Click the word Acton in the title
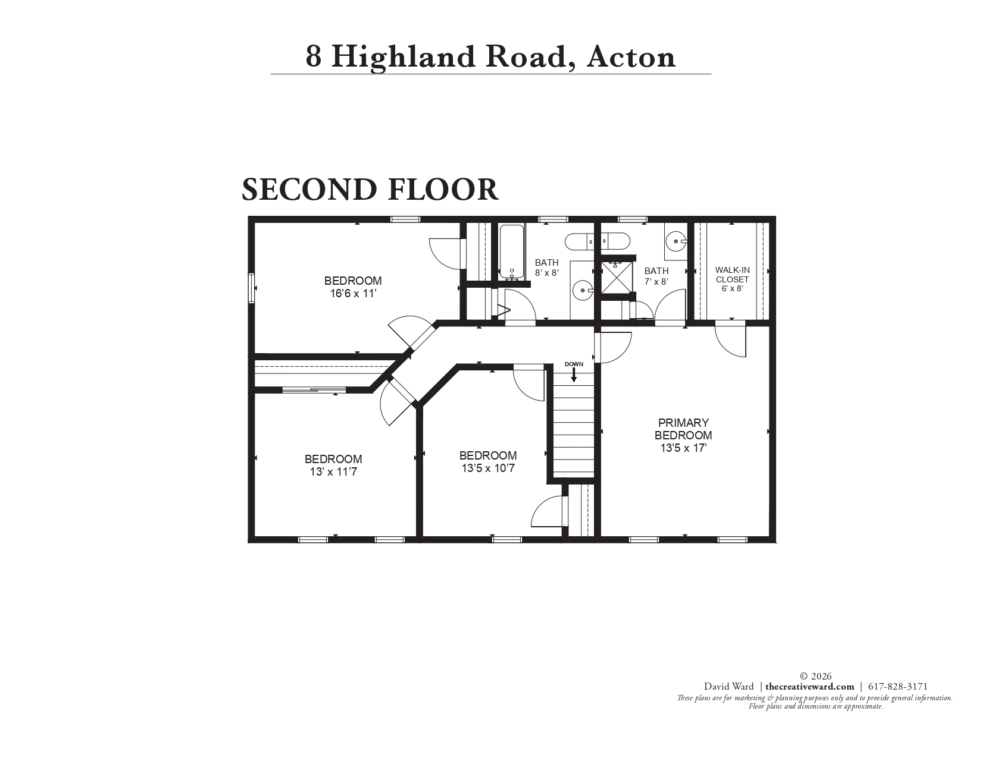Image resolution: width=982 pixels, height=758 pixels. tap(631, 56)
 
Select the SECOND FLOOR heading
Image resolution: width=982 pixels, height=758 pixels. tap(370, 189)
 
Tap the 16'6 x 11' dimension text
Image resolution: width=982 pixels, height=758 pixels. tap(353, 293)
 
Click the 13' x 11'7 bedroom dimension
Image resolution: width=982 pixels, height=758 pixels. tap(333, 472)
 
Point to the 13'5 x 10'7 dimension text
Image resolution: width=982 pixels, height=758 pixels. tap(488, 468)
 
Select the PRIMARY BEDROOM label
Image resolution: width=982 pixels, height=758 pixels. tap(683, 429)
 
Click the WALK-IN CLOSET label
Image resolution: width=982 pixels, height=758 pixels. tap(732, 274)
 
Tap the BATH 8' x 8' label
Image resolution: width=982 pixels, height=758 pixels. tap(546, 268)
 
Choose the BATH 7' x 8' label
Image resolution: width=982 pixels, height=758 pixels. tap(656, 276)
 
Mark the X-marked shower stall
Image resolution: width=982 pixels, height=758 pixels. tap(615, 276)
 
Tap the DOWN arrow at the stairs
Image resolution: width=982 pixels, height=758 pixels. tap(574, 374)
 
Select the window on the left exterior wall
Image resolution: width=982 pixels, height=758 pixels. tap(251, 288)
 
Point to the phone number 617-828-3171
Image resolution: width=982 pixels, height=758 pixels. tap(898, 686)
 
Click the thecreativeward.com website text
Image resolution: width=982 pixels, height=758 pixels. tap(809, 686)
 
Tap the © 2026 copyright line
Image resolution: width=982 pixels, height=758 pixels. tap(815, 676)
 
